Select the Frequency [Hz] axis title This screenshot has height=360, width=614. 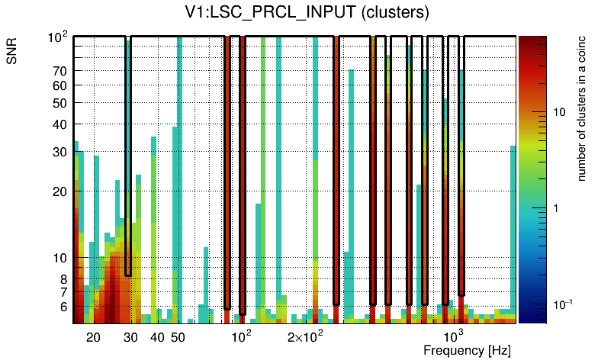coord(467,350)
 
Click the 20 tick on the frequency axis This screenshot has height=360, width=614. coord(93,337)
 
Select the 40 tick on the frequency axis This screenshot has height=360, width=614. coord(157,337)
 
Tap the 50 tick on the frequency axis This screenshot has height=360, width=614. coord(178,337)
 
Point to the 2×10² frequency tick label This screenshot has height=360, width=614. coord(305,336)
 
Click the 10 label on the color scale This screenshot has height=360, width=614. coord(558,112)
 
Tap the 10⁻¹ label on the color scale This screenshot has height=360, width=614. coord(561,304)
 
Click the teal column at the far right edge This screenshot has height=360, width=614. coord(513,229)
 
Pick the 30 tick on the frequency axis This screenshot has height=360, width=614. coord(130,337)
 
